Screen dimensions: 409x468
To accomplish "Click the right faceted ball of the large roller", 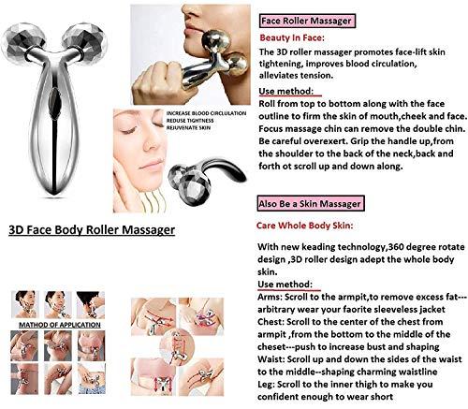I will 93,41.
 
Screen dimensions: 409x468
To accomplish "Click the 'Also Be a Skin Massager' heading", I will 308,202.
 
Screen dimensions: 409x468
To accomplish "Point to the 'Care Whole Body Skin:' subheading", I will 304,225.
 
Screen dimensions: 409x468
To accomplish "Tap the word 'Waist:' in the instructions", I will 273,358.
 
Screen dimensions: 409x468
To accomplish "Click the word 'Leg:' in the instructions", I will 267,383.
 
